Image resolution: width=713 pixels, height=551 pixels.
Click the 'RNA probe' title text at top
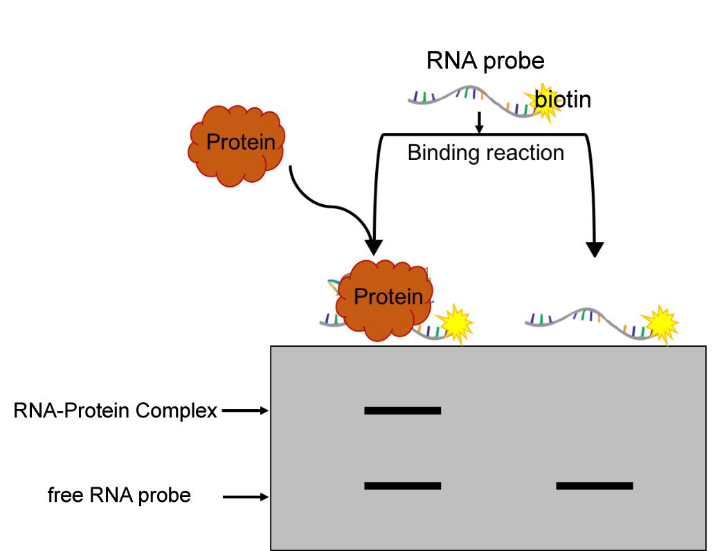tap(485, 61)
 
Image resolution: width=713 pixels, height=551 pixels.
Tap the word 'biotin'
tap(563, 100)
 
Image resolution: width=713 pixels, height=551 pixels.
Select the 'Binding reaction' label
tap(485, 152)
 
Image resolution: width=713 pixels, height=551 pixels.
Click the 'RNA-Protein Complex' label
tap(115, 411)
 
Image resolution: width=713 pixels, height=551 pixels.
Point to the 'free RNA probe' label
tap(119, 496)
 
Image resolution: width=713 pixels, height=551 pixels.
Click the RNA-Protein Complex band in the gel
tap(402, 410)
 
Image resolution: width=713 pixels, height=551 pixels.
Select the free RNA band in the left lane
tap(402, 486)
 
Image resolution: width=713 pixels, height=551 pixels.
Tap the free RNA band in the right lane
tap(594, 486)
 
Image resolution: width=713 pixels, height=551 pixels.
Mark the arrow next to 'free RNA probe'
tap(245, 496)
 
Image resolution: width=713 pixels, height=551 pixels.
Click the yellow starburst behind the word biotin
tap(543, 102)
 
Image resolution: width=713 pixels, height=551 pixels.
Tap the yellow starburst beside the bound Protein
tap(453, 323)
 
